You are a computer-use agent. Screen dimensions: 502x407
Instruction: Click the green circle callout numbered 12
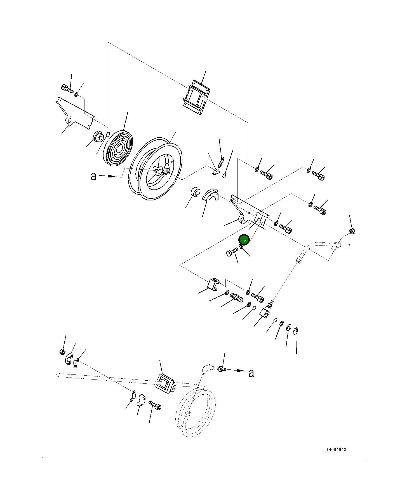[244, 240]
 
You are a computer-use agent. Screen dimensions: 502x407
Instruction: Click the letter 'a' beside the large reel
[93, 176]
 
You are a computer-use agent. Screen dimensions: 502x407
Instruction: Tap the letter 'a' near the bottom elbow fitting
[251, 373]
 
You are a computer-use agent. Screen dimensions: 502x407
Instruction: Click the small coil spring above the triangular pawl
[221, 161]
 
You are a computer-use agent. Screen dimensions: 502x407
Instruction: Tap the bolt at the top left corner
[67, 88]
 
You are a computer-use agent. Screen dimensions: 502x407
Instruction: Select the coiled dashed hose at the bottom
[196, 409]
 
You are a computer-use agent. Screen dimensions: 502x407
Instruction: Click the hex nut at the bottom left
[63, 352]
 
